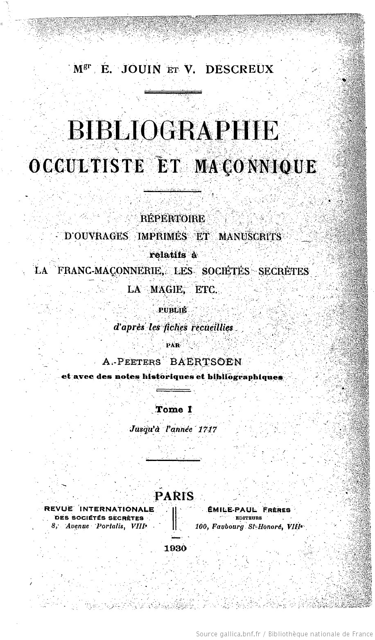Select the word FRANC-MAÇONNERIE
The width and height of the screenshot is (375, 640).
click(109, 271)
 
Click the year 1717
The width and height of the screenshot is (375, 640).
click(207, 430)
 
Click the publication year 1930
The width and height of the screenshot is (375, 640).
click(175, 548)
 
